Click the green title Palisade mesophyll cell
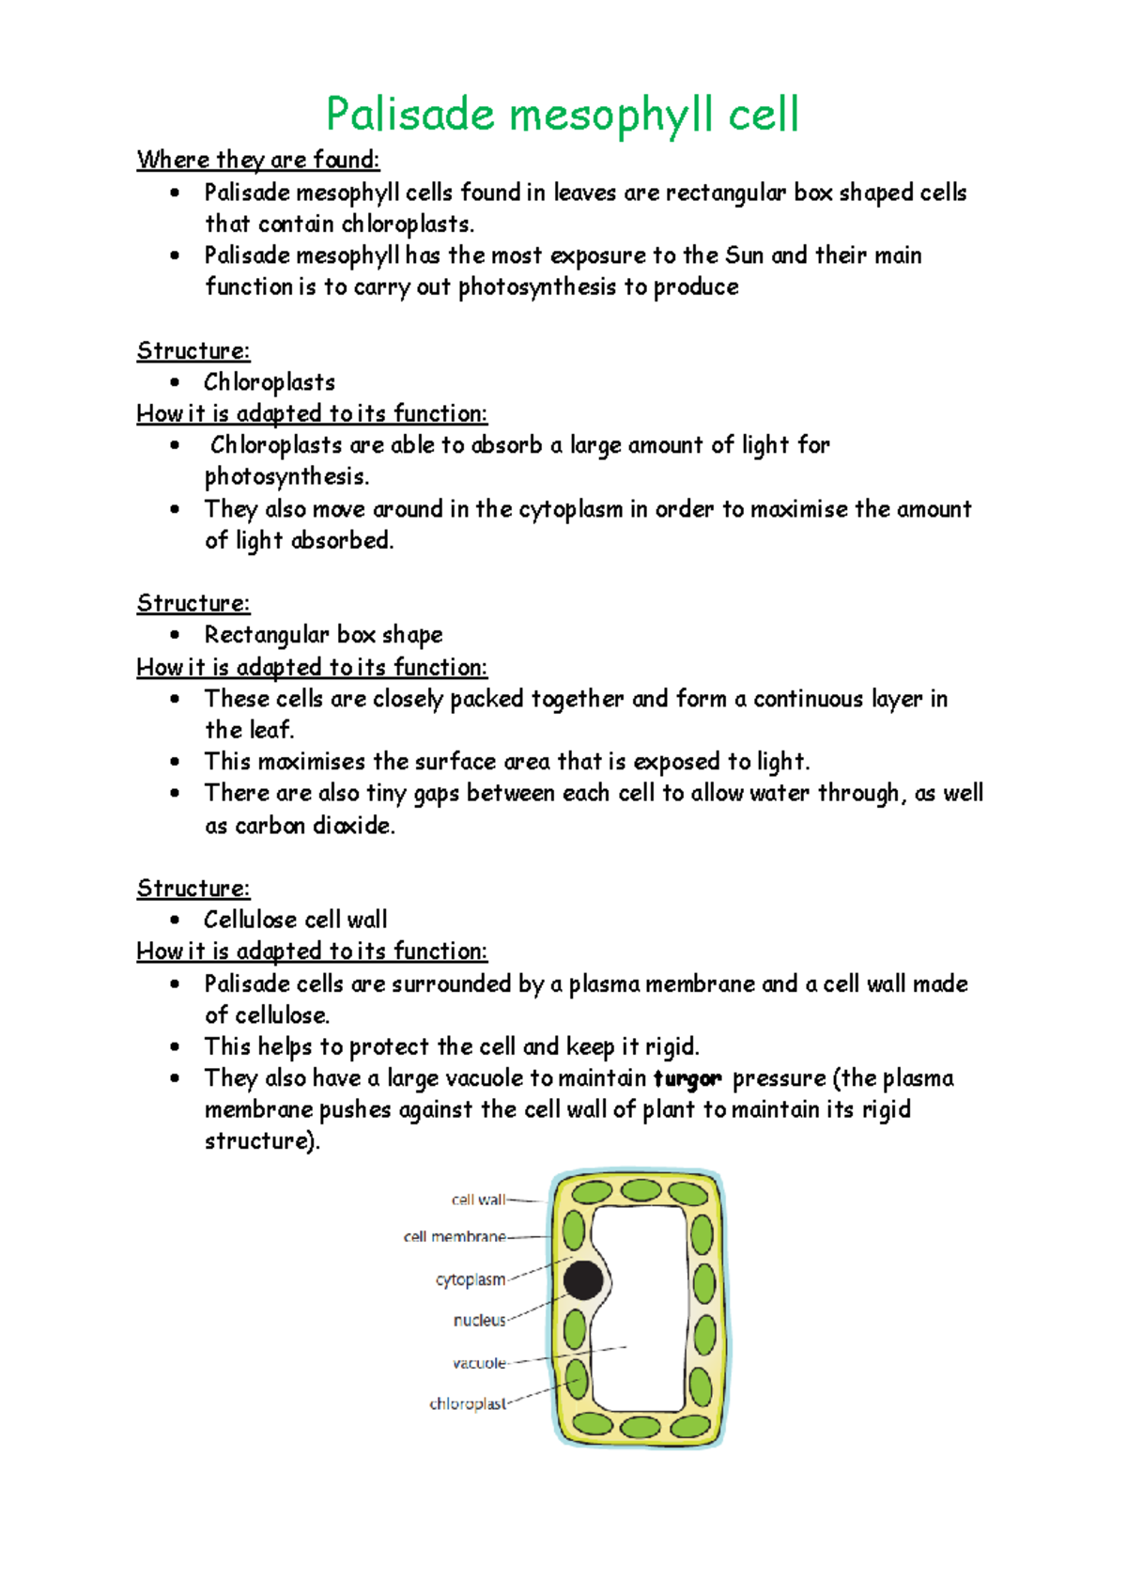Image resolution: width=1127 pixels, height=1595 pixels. tap(562, 115)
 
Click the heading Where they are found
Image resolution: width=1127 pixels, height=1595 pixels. tap(258, 160)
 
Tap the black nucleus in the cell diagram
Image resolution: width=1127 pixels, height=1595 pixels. tap(583, 1280)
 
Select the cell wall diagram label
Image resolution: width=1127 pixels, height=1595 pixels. tap(478, 1200)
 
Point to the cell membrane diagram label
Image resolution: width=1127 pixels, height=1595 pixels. tap(455, 1237)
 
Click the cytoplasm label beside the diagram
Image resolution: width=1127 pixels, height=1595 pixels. tap(471, 1279)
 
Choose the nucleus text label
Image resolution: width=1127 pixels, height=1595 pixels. tap(479, 1321)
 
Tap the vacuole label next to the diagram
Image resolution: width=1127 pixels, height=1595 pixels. tap(479, 1363)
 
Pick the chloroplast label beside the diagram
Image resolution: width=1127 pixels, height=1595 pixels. tap(468, 1404)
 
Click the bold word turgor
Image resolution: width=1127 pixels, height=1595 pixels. tap(687, 1078)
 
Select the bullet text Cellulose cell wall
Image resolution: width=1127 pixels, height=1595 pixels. tap(295, 920)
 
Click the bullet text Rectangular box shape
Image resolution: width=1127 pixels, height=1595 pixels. tap(323, 635)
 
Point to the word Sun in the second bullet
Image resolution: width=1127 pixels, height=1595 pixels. tap(744, 256)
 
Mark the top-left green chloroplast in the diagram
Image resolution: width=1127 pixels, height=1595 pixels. tap(593, 1193)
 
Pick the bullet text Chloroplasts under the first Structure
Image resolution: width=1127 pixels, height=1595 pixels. tap(270, 382)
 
